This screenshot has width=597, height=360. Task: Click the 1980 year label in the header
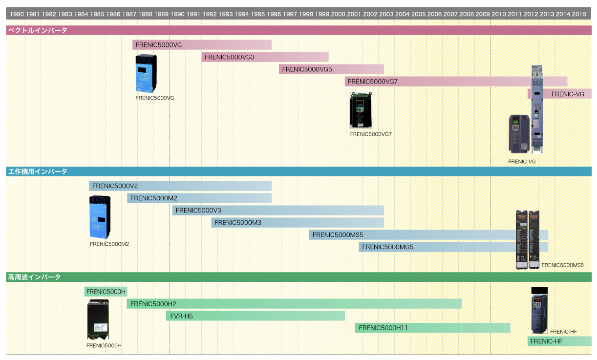[17, 14]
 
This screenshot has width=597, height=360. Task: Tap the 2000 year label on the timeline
[338, 14]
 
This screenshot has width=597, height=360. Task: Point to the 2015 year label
[579, 14]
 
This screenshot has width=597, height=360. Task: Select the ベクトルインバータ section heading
[38, 30]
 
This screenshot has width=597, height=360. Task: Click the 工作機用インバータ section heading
[38, 171]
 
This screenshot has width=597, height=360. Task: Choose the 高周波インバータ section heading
[34, 277]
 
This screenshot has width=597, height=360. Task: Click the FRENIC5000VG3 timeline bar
[265, 57]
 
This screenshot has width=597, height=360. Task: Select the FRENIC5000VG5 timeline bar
[331, 69]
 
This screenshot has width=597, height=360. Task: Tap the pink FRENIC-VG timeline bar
[559, 94]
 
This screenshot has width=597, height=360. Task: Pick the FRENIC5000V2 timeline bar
[180, 186]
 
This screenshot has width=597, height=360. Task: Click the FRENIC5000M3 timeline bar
[298, 223]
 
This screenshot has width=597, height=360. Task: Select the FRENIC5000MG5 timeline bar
[453, 247]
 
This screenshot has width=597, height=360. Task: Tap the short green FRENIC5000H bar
[106, 292]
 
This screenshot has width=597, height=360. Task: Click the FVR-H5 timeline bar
[256, 316]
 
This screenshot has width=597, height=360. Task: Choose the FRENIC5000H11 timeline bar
[432, 328]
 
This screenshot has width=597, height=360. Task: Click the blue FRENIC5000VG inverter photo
[146, 74]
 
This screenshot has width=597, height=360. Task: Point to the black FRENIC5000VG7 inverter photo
[361, 110]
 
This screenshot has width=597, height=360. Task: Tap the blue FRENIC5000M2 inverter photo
[100, 217]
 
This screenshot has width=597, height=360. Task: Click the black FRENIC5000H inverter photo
[98, 319]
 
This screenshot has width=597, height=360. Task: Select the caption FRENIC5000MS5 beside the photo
[562, 265]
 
